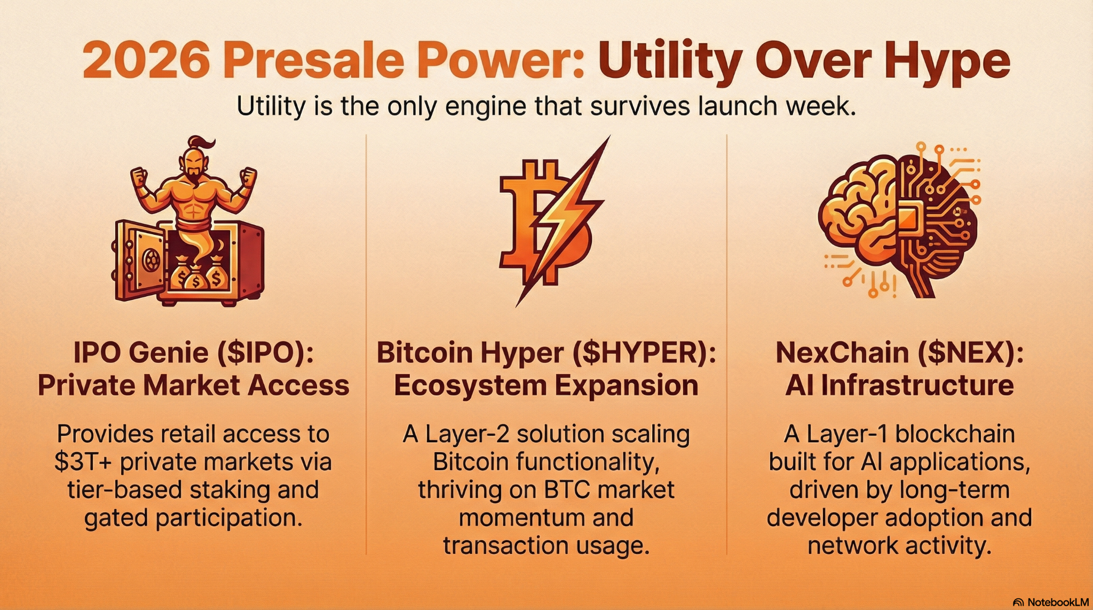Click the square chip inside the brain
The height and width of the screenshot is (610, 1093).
coord(908,218)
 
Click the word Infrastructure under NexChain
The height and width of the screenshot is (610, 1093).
coord(917,385)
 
